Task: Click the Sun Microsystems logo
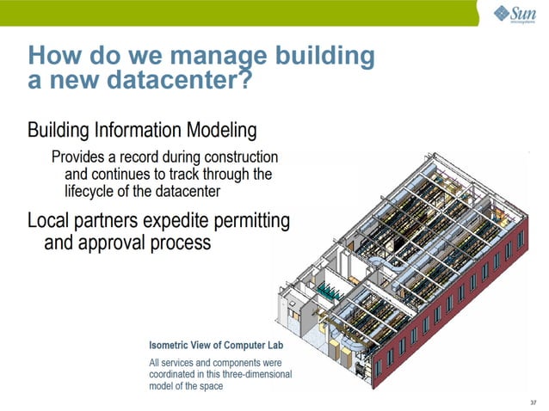point(515,14)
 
